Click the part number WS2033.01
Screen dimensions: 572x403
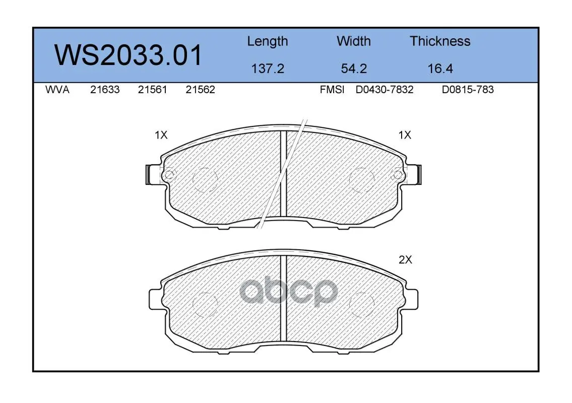(128, 55)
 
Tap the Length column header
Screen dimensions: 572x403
(268, 42)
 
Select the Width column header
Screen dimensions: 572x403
(353, 41)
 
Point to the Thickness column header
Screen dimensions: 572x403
(440, 41)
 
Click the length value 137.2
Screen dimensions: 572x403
(268, 69)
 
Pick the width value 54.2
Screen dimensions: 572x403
(354, 69)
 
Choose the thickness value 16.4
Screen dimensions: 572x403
(440, 69)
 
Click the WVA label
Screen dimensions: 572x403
(57, 90)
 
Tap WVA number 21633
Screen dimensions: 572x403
(105, 90)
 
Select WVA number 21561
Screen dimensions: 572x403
(153, 90)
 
